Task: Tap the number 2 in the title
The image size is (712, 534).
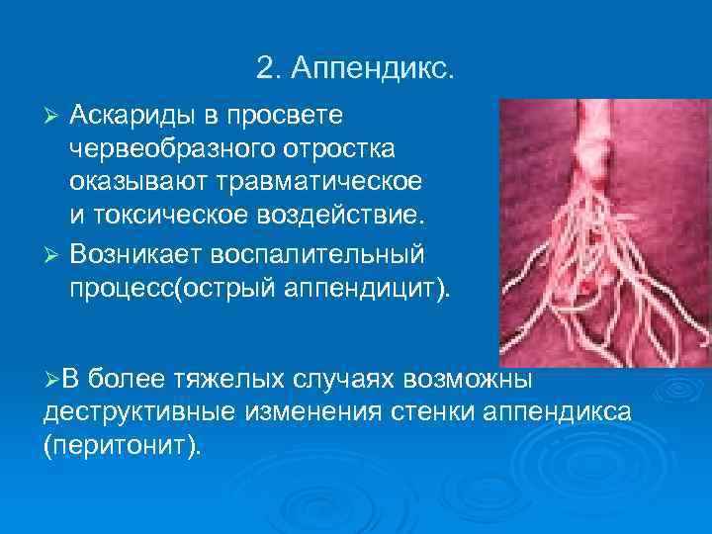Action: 263,69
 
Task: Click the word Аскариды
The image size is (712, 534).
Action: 133,116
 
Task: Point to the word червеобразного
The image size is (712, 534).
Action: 167,150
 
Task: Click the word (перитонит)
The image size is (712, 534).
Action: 122,446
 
